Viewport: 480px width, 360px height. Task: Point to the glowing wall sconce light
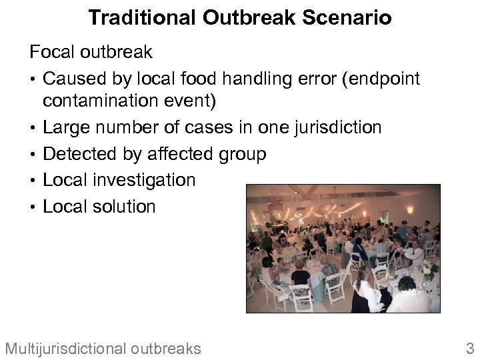pyautogui.click(x=410, y=211)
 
